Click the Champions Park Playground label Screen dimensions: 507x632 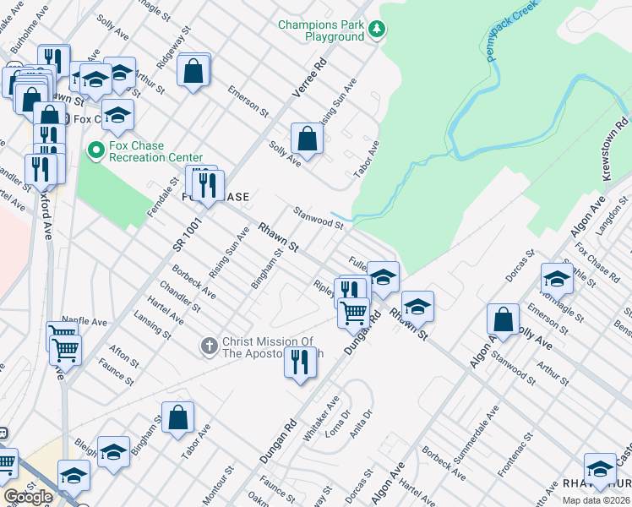pyautogui.click(x=321, y=31)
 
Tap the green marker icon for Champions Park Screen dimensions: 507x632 pyautogui.click(x=377, y=31)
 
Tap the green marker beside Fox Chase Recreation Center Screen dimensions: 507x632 pyautogui.click(x=95, y=151)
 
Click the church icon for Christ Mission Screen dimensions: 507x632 pyautogui.click(x=209, y=346)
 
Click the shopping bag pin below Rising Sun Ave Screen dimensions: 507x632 pyautogui.click(x=307, y=139)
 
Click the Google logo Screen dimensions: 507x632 pyautogui.click(x=29, y=497)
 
